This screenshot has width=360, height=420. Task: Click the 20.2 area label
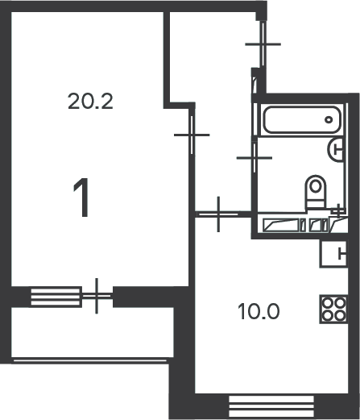[x=90, y=101]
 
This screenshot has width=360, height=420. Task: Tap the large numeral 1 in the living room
[x=81, y=198]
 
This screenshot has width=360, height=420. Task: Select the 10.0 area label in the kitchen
[x=259, y=311]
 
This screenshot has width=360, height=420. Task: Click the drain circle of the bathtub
[x=329, y=120]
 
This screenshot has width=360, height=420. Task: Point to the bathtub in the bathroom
[x=302, y=119]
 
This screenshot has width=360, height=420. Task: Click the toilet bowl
[x=316, y=188]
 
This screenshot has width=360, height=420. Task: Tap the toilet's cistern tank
[x=316, y=204]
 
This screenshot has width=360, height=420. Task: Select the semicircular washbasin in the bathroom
[x=335, y=149]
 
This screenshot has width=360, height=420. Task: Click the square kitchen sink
[x=333, y=254]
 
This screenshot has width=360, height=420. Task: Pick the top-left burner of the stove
[x=327, y=303]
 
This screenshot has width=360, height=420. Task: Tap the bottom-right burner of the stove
[x=340, y=315]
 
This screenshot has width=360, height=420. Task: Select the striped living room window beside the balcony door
[x=56, y=297]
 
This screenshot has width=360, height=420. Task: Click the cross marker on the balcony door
[x=97, y=296]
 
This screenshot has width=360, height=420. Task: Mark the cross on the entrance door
[x=263, y=44]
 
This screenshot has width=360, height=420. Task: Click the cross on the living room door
[x=192, y=135]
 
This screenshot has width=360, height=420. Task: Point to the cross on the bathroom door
[x=254, y=158]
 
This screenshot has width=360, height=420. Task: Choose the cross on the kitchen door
[x=218, y=214]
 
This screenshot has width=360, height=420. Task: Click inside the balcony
[x=93, y=332]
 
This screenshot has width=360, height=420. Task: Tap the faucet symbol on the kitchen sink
[x=341, y=254]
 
